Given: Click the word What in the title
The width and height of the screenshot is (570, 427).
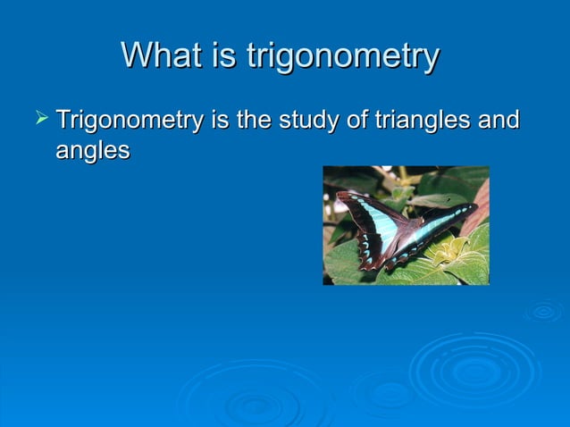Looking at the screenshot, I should point(159,55).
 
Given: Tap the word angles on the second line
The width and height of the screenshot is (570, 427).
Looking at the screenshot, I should point(93,151).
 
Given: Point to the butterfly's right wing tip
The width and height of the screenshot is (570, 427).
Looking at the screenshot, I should point(474,207).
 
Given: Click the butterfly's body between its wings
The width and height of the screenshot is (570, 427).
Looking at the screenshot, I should point(406,242).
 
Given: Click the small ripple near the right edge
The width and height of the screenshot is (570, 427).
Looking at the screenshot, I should point(543,311).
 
